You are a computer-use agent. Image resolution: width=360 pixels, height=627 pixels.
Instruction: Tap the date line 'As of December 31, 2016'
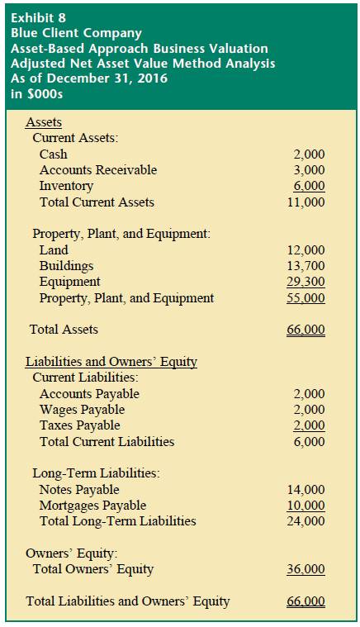click(89, 78)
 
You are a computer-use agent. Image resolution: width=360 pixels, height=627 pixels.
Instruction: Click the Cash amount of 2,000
click(310, 154)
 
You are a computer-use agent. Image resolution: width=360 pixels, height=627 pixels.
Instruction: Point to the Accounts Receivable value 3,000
click(310, 170)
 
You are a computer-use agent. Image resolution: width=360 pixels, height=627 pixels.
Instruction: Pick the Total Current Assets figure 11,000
click(306, 202)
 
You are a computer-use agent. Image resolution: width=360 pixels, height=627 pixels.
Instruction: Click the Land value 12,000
click(306, 249)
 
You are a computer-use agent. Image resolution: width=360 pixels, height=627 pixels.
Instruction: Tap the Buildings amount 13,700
click(306, 266)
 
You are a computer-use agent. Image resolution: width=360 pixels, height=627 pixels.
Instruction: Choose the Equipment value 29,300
click(306, 282)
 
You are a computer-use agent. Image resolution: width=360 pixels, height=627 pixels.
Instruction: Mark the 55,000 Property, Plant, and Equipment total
click(306, 298)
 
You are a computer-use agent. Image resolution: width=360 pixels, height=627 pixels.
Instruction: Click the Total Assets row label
click(64, 330)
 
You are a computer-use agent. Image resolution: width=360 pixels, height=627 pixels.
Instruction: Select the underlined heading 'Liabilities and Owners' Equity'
click(111, 362)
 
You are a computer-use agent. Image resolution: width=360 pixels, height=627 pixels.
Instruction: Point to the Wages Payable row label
click(82, 410)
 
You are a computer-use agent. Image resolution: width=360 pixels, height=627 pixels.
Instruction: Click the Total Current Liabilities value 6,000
click(310, 441)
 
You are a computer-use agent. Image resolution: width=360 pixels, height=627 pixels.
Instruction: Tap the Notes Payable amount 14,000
click(306, 489)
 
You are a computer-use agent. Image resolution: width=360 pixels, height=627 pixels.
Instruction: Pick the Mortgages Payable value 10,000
click(306, 505)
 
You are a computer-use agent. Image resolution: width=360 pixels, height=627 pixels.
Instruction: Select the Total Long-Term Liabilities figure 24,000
click(306, 521)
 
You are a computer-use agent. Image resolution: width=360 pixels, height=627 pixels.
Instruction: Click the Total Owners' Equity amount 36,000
click(306, 569)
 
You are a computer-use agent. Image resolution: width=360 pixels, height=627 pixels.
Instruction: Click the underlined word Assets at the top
click(44, 121)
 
